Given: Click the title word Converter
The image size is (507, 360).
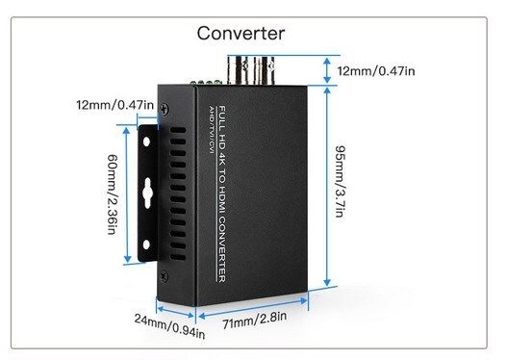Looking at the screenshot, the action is click(241, 34).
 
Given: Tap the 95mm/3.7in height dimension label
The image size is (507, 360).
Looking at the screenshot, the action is click(341, 182).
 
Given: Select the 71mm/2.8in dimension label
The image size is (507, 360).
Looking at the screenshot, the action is click(255, 321).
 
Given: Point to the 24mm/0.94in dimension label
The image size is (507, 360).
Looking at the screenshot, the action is click(169, 325).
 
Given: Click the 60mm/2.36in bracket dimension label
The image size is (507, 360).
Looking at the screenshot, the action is click(112, 194).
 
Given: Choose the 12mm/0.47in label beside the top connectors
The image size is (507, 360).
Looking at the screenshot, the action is click(376, 71).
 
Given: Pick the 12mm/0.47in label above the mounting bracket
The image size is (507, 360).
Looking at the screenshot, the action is click(114, 105).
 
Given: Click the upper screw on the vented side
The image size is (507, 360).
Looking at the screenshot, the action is click(165, 109).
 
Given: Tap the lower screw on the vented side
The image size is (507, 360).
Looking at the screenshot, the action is click(164, 276).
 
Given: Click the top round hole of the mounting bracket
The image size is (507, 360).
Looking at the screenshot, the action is click(146, 141).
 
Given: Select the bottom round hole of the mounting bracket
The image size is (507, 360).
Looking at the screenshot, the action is click(146, 244).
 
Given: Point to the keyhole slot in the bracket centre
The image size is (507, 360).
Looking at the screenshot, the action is click(147, 193).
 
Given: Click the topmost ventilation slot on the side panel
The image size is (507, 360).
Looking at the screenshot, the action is click(178, 130).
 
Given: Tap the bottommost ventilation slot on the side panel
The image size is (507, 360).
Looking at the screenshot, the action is click(178, 257).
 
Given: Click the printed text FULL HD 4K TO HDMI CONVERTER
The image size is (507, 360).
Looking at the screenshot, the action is click(222, 193).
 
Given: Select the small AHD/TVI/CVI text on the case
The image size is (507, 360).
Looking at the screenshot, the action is click(212, 130).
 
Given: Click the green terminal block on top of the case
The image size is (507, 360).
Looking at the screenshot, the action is click(206, 83).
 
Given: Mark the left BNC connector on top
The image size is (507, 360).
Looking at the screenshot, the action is click(241, 70).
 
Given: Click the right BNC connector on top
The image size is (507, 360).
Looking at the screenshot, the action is click(267, 70).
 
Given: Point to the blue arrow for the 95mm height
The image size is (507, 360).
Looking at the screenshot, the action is click(327, 187).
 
